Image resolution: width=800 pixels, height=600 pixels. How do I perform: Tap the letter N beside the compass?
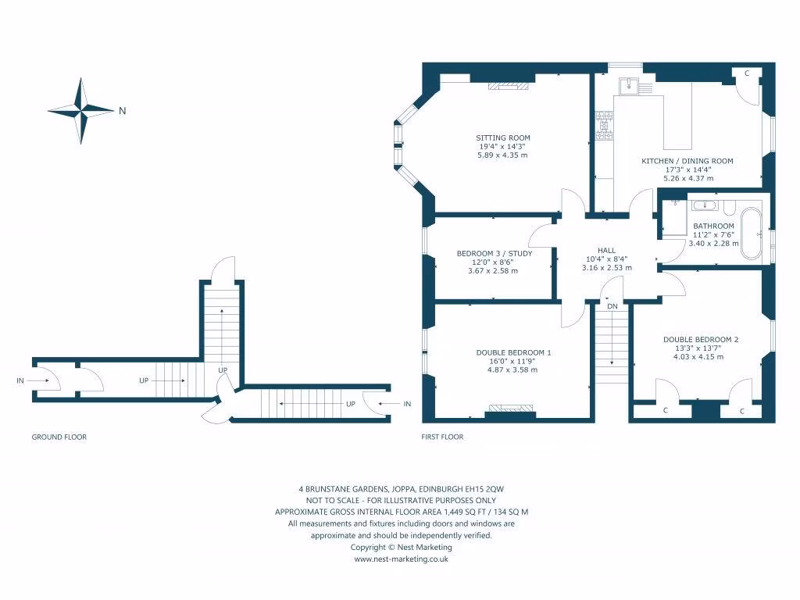pos(122,111)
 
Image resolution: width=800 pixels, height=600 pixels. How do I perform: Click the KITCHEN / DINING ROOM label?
pos(687,161)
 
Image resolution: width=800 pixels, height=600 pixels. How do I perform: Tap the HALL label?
pos(606,250)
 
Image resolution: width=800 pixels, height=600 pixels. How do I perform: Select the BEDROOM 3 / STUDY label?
pos(494,253)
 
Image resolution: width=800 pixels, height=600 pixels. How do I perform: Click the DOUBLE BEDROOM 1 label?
pos(513,352)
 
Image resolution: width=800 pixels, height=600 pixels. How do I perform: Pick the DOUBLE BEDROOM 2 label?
pos(701,339)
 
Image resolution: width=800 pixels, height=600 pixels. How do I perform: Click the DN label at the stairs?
pos(612,306)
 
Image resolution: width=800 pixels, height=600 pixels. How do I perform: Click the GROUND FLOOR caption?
pos(59,437)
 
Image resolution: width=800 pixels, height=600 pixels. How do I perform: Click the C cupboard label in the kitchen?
pos(747,73)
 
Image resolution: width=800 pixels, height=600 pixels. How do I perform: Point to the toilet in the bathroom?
pos(729,208)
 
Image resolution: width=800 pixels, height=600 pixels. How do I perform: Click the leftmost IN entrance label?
pos(20,381)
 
